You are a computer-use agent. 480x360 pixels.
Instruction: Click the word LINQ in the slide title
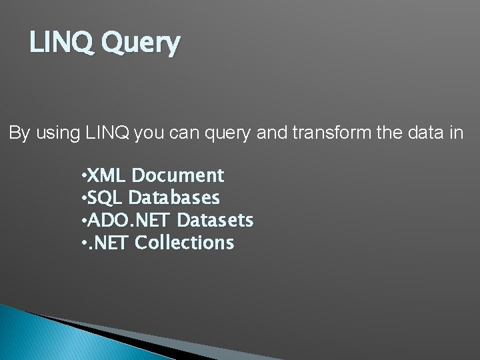(x=56, y=43)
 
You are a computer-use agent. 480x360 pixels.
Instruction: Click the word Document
(x=178, y=176)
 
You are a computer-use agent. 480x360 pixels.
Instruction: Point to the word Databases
(x=174, y=198)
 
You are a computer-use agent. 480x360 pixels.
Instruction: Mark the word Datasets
(x=216, y=220)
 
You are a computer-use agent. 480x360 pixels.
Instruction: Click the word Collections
(x=184, y=243)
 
